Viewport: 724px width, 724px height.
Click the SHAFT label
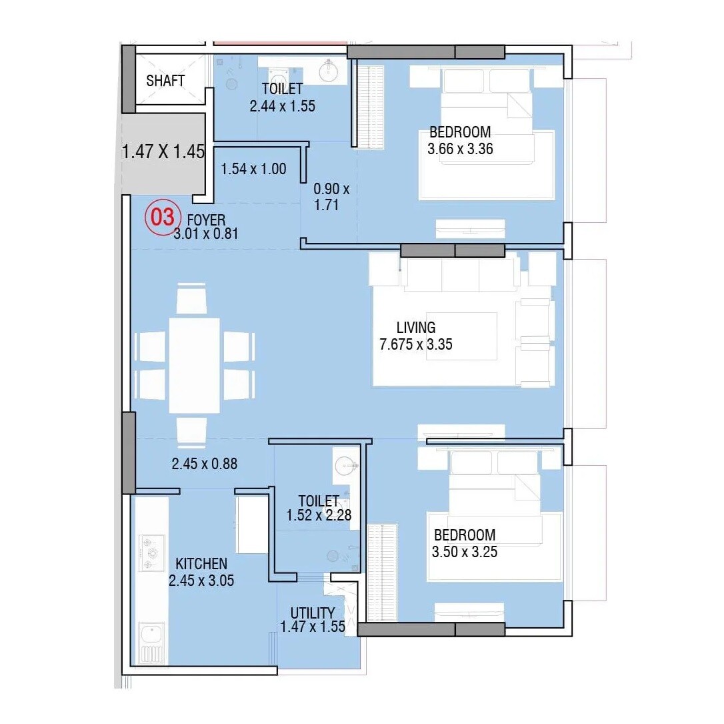click(x=165, y=81)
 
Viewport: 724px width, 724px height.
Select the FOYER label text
click(x=206, y=220)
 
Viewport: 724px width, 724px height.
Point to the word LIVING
click(x=416, y=328)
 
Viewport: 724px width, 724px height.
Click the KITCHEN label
click(x=201, y=565)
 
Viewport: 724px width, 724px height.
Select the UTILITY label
click(x=313, y=613)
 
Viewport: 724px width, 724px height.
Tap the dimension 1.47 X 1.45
click(x=163, y=151)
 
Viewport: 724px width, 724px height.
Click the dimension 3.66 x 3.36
click(x=460, y=148)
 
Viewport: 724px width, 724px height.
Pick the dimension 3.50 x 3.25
click(x=465, y=552)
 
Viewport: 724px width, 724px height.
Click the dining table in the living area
click(x=194, y=365)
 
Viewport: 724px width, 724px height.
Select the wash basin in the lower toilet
click(x=345, y=464)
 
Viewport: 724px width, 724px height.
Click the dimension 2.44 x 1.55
click(x=282, y=105)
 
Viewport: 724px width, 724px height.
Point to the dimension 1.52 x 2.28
click(x=318, y=515)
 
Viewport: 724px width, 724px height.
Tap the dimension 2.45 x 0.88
click(x=205, y=463)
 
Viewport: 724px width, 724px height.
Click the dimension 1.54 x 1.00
click(x=253, y=169)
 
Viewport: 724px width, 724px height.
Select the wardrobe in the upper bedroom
click(x=368, y=107)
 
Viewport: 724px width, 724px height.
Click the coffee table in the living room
click(x=461, y=337)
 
